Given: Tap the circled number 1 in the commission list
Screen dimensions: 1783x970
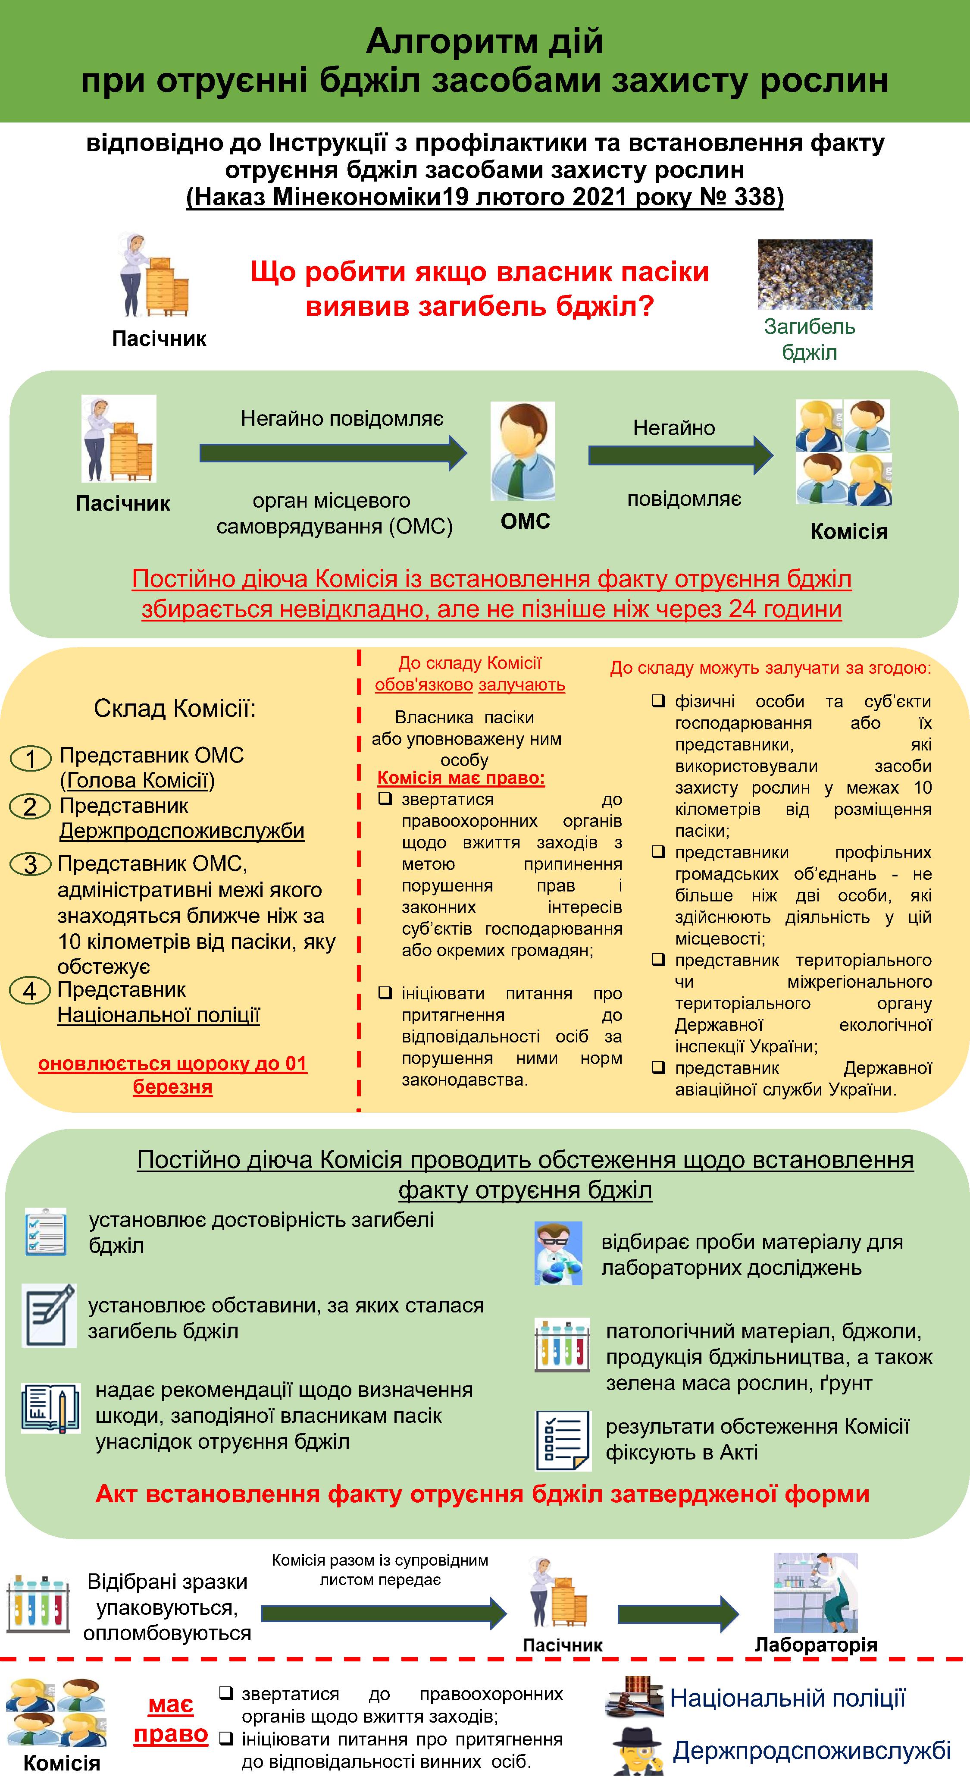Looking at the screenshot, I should coord(31,759).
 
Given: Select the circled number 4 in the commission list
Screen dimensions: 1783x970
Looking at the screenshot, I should coord(30,990).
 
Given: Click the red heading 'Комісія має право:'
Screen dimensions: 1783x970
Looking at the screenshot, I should coord(461,778).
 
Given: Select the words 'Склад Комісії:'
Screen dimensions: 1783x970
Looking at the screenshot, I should coord(174,708).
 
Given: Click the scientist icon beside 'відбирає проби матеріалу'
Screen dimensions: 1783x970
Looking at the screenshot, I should coord(558,1253).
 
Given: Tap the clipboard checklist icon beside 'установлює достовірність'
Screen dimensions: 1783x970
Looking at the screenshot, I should coord(46,1231).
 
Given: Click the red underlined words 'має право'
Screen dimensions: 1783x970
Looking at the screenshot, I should coord(171,1719).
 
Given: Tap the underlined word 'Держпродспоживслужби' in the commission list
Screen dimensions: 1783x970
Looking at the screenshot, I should coord(182,831).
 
